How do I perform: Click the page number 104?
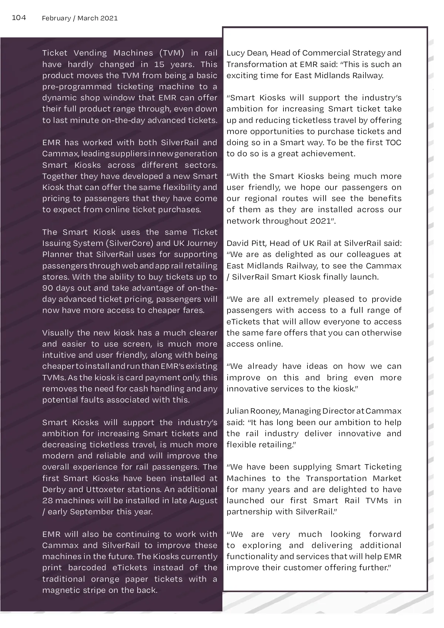[19, 18]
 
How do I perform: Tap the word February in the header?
[56, 18]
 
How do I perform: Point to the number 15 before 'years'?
[159, 64]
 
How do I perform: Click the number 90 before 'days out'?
[47, 288]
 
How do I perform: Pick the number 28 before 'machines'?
[47, 501]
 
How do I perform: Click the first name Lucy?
[235, 53]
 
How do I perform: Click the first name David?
[237, 243]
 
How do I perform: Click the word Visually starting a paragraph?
[57, 333]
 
